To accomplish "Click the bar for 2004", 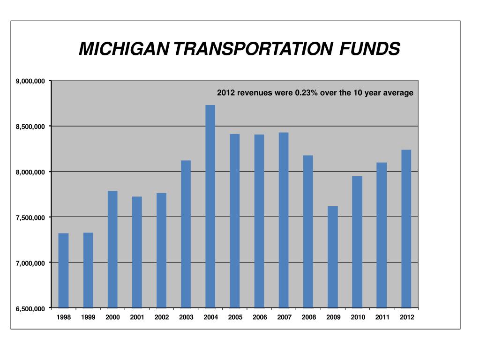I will click(210, 206).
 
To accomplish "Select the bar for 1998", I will click(63, 270).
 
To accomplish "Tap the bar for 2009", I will click(333, 257).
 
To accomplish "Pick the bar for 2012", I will click(406, 229).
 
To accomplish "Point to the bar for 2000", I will click(112, 249).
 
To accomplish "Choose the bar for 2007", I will click(284, 220).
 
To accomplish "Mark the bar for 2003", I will click(186, 234).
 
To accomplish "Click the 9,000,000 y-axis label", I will click(30, 82).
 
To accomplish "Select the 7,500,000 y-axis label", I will click(30, 217).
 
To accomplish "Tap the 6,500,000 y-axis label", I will click(30, 309).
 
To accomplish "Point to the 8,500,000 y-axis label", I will click(30, 127).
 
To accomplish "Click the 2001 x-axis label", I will click(137, 317).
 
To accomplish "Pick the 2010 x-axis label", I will click(358, 317).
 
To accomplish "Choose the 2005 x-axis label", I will click(235, 317).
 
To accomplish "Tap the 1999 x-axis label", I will click(88, 317).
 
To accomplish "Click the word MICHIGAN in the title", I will click(125, 49).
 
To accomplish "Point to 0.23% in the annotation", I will click(306, 93).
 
